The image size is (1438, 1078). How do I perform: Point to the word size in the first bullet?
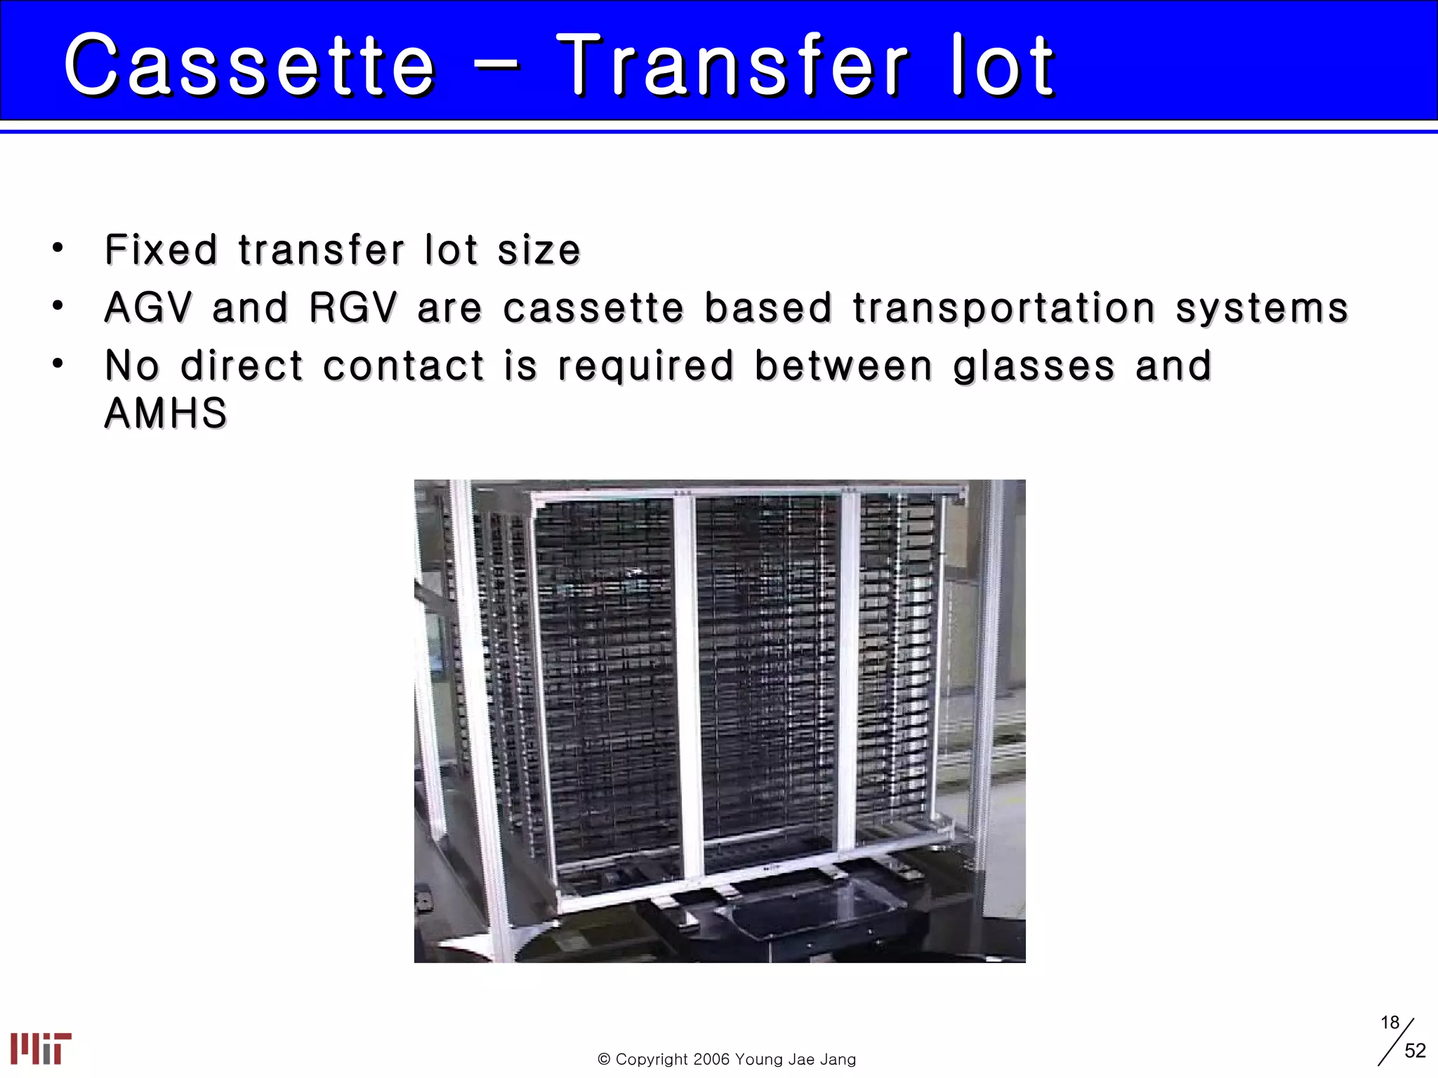(x=539, y=251)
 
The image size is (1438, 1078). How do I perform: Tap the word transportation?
(x=1004, y=309)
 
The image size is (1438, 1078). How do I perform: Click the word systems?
(x=1262, y=309)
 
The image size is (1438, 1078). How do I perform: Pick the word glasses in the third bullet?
(x=1034, y=366)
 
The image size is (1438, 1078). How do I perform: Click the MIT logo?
(x=41, y=1049)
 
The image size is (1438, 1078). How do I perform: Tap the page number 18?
(x=1390, y=1023)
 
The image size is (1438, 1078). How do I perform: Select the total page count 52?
(x=1415, y=1051)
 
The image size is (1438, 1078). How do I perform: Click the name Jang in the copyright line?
(x=837, y=1059)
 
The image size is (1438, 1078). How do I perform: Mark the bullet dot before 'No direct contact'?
(x=58, y=364)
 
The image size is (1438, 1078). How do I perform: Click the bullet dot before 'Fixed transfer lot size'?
(x=58, y=248)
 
